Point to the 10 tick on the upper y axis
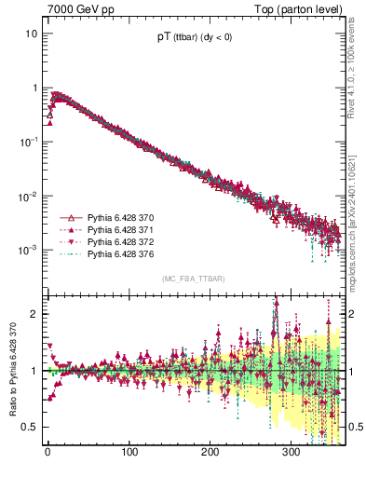[31, 34]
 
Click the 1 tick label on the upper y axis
[34, 88]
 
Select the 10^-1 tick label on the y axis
[29, 142]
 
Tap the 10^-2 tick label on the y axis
[29, 196]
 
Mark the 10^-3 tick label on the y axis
[29, 250]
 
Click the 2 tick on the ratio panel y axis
[34, 314]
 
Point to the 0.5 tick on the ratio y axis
[30, 427]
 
